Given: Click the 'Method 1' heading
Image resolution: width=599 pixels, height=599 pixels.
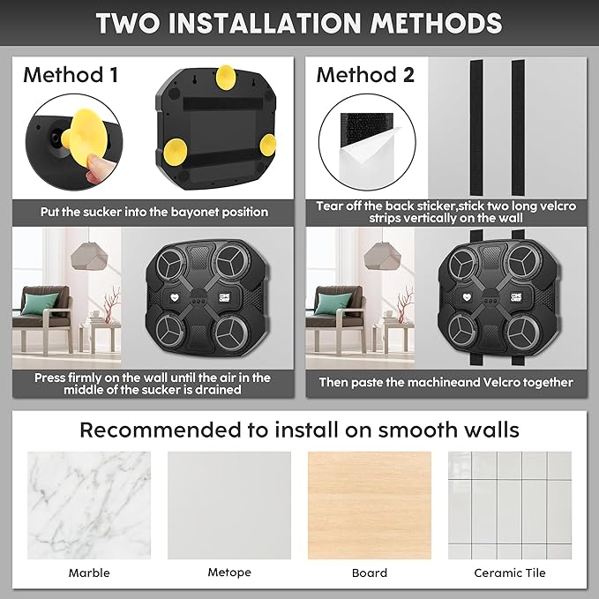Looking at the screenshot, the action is click(71, 75).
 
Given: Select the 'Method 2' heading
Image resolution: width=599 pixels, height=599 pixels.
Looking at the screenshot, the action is click(365, 75).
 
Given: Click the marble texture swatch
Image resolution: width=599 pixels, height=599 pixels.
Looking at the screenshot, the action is click(89, 505).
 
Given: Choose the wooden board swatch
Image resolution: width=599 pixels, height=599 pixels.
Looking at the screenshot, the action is click(370, 505).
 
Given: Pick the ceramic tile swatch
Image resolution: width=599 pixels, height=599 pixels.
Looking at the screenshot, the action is click(510, 505).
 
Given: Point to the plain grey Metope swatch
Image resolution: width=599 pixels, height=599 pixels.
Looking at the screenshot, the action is click(229, 505).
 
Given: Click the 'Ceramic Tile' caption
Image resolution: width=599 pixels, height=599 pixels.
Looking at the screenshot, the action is click(510, 573).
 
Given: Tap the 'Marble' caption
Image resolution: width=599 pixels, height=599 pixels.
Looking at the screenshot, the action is click(89, 573).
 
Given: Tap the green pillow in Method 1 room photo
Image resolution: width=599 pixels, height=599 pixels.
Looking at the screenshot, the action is click(41, 303).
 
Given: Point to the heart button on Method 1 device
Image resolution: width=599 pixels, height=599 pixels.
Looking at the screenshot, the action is click(175, 296).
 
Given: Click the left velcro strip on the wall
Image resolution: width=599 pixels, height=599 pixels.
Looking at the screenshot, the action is click(476, 128).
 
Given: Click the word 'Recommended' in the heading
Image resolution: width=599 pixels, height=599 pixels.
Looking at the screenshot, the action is click(161, 431).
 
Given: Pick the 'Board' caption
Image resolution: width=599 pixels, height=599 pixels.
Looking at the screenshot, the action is click(370, 573).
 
